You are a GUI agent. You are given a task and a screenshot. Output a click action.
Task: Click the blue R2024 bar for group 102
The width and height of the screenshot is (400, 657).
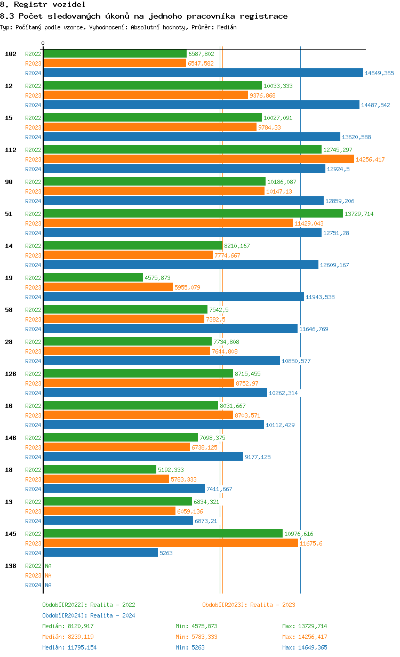click(203, 73)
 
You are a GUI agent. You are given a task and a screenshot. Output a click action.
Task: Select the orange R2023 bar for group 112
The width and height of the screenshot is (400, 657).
click(198, 159)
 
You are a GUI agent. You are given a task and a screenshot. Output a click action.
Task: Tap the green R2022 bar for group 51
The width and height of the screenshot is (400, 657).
click(193, 214)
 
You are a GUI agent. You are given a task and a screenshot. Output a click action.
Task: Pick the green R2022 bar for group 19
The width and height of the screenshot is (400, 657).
click(93, 278)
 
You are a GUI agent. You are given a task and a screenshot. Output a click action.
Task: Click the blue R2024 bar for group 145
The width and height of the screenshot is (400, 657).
click(100, 553)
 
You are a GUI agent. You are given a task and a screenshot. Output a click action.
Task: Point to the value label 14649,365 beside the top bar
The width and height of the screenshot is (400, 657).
click(379, 73)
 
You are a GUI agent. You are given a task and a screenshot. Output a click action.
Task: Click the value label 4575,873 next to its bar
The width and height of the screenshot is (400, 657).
click(157, 278)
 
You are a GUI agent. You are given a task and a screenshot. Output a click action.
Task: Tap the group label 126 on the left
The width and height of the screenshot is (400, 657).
click(10, 374)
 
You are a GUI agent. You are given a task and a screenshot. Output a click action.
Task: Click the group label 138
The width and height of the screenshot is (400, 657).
click(10, 566)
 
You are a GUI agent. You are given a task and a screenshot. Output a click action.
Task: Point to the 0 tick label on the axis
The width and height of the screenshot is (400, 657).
click(43, 43)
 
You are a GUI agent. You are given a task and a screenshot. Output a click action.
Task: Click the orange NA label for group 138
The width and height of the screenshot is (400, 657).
click(48, 575)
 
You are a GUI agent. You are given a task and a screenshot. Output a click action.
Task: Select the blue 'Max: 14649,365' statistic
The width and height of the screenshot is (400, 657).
click(305, 647)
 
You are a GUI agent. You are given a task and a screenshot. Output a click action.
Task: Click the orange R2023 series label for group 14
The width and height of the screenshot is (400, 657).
click(33, 255)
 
